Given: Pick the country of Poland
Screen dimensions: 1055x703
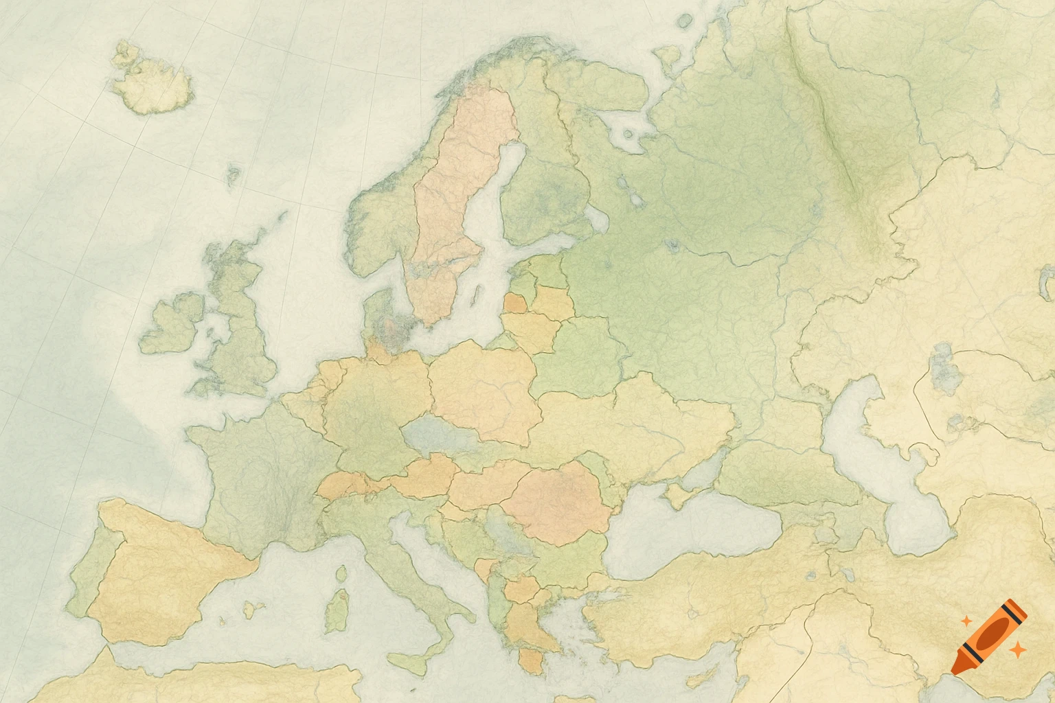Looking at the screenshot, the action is pos(484,391).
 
